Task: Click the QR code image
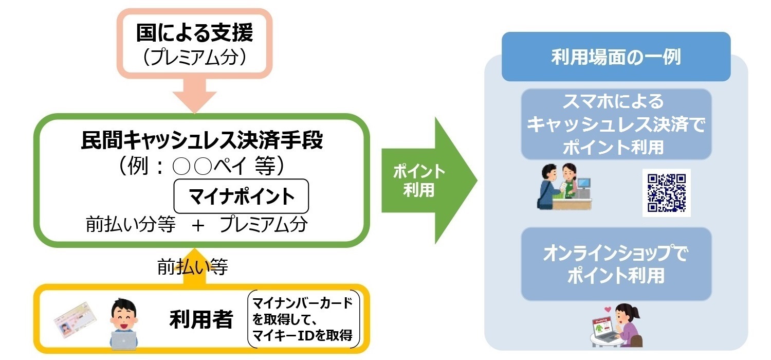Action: tap(666, 192)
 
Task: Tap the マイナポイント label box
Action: tap(241, 196)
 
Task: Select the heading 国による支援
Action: tap(195, 33)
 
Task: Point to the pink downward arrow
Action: tap(194, 96)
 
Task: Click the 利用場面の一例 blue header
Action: tap(616, 57)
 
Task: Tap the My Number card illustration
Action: tap(75, 320)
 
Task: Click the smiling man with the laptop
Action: tap(123, 324)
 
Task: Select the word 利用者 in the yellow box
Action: tap(201, 320)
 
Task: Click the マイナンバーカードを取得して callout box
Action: tap(304, 319)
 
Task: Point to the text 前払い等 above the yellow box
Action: tap(192, 267)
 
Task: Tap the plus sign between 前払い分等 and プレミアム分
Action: tap(198, 226)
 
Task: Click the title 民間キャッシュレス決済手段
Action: tap(202, 140)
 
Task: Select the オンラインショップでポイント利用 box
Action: tap(616, 264)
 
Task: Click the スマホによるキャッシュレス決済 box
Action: tap(616, 124)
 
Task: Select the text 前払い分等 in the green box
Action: tap(131, 224)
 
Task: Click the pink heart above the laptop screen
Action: tap(608, 309)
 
